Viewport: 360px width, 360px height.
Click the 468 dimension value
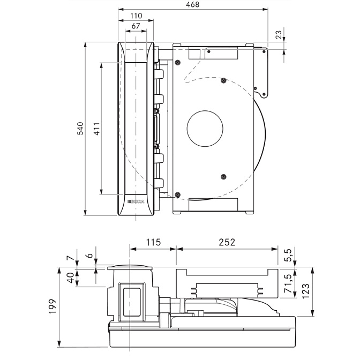point(193,5)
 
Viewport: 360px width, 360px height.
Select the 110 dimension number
point(136,17)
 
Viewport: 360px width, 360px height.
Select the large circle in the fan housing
point(205,129)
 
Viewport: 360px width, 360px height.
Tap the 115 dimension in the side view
point(153,242)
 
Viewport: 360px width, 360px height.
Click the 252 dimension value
point(227,242)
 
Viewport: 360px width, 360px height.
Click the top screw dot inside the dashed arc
point(223,81)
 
